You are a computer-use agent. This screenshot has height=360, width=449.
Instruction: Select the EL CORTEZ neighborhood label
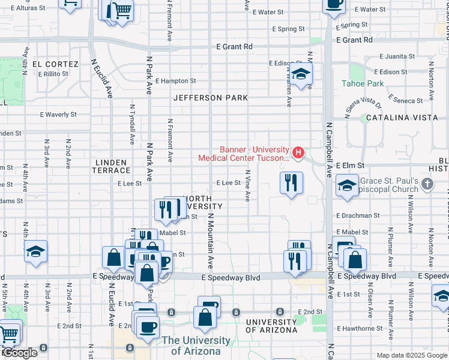point(55,64)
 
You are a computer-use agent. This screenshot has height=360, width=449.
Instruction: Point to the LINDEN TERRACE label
point(110,167)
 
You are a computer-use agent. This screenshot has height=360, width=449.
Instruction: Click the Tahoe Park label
point(363,83)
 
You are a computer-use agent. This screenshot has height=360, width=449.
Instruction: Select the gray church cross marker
point(427,182)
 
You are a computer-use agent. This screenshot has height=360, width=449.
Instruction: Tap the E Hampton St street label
point(176,80)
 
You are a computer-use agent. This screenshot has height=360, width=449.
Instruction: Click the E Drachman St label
point(358,215)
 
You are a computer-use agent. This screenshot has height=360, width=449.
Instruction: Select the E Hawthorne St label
point(360,328)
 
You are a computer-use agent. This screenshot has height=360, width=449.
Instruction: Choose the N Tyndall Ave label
point(131,123)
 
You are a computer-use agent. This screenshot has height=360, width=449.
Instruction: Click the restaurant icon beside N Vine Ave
point(291,183)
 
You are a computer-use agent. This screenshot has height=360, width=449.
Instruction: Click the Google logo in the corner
point(19,353)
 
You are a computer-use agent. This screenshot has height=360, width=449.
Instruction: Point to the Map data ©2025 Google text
point(411,355)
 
